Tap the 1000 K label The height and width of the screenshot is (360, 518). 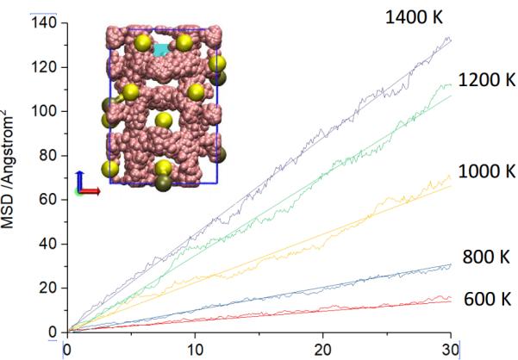(485, 171)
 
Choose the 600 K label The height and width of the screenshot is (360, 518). (487, 299)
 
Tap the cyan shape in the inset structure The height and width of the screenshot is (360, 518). (161, 49)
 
